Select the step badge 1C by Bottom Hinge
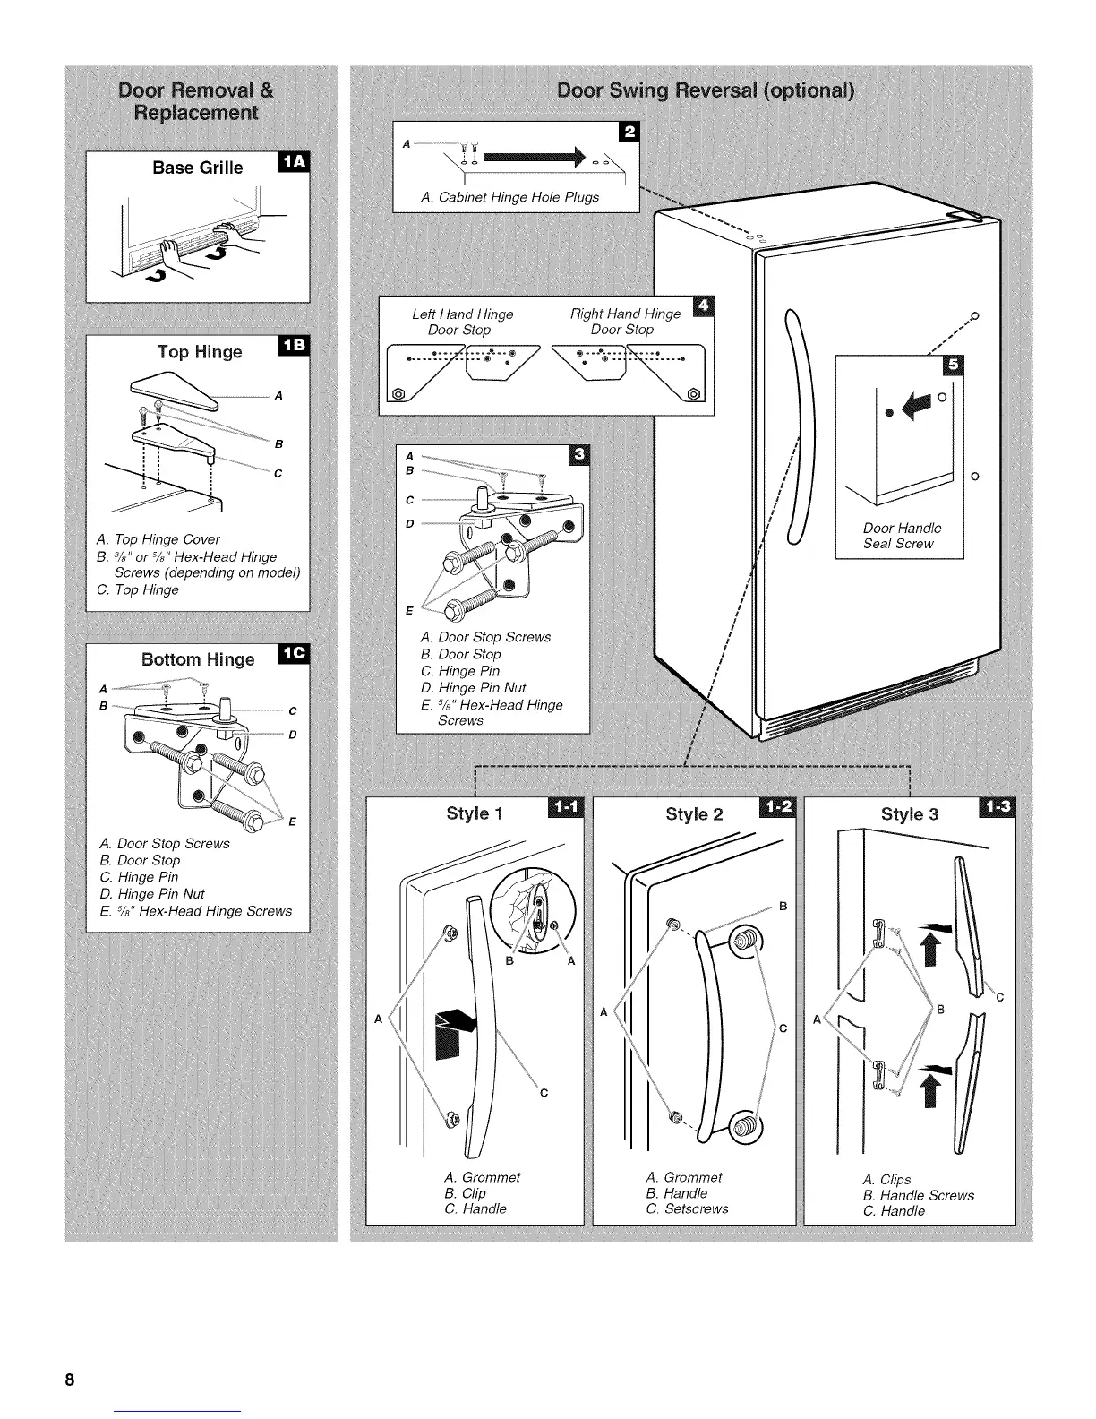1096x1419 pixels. (293, 654)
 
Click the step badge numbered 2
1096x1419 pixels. (629, 132)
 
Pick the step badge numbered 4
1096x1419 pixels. (704, 306)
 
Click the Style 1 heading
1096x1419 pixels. (475, 813)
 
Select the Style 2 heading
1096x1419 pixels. (694, 814)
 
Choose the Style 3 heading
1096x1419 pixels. (910, 814)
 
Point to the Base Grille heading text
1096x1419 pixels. (197, 168)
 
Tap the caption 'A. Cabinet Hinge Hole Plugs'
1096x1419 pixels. (509, 197)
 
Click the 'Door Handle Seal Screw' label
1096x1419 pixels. (902, 536)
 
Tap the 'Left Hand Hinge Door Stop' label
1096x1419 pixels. (462, 322)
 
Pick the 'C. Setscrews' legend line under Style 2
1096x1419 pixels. (688, 1208)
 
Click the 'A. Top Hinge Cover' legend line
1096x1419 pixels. (158, 539)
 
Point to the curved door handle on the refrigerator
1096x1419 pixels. (799, 426)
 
